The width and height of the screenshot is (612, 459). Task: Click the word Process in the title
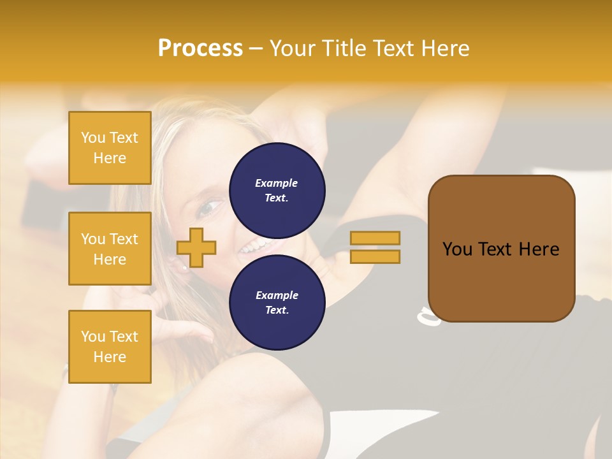[200, 48]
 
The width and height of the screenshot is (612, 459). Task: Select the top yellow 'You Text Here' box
[110, 148]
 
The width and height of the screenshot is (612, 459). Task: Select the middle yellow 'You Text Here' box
[110, 249]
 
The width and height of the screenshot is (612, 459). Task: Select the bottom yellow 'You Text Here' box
[110, 347]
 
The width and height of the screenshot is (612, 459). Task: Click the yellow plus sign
[196, 247]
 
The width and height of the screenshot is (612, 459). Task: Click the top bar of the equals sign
[375, 238]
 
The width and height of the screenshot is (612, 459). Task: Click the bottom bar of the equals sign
[375, 256]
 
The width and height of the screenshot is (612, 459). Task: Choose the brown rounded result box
[501, 280]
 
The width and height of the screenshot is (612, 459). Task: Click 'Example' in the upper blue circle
[276, 183]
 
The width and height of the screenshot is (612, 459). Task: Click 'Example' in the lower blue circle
[277, 295]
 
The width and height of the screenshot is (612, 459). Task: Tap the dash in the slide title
[256, 48]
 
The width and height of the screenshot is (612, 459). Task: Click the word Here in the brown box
[539, 249]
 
